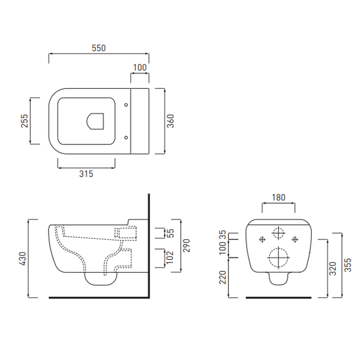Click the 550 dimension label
pyautogui.click(x=99, y=48)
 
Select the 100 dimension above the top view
pyautogui.click(x=140, y=68)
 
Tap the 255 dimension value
pyautogui.click(x=24, y=121)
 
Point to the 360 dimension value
pyautogui.click(x=171, y=121)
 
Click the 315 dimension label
pyautogui.click(x=86, y=174)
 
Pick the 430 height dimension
pyautogui.click(x=23, y=258)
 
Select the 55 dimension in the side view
pyautogui.click(x=170, y=233)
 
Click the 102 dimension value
pyautogui.click(x=170, y=257)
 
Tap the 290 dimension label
pyautogui.click(x=187, y=245)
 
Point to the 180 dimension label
pyautogui.click(x=278, y=198)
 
